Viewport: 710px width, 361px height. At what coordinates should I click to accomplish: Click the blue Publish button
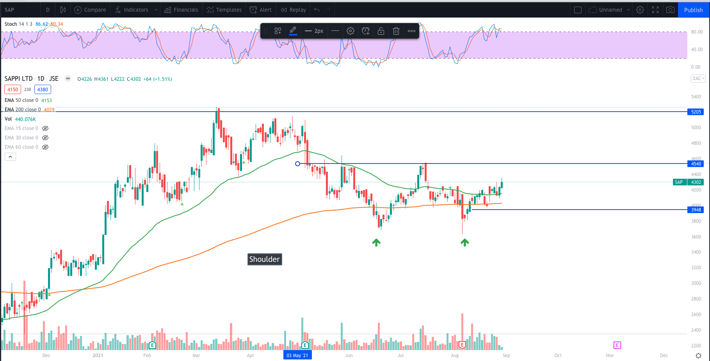[x=693, y=10]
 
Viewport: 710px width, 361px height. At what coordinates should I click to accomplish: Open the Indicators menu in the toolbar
[x=132, y=10]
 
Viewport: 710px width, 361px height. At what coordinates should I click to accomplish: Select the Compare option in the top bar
[x=90, y=10]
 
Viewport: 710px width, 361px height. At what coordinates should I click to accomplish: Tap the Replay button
[x=294, y=10]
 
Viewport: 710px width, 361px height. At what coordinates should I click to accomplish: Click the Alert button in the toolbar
[x=261, y=10]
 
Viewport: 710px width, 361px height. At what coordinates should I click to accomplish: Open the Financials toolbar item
[x=182, y=10]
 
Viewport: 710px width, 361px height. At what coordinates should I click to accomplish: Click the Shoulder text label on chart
[x=265, y=259]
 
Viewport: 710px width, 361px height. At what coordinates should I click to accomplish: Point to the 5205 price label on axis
[x=696, y=112]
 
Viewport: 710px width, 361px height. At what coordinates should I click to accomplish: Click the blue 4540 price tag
[x=696, y=164]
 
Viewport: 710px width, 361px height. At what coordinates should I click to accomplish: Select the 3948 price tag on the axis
[x=696, y=210]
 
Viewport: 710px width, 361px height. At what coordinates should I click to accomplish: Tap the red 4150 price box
[x=13, y=90]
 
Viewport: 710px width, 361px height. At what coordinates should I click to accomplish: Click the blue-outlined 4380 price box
[x=43, y=90]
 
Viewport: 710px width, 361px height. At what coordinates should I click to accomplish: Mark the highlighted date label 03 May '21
[x=297, y=356]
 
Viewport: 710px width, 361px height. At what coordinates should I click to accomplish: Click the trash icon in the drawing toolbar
[x=396, y=31]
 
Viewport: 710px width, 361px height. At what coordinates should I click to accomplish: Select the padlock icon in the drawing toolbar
[x=381, y=31]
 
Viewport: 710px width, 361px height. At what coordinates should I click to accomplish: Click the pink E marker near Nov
[x=617, y=345]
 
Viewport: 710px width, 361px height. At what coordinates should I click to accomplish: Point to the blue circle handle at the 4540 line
[x=297, y=164]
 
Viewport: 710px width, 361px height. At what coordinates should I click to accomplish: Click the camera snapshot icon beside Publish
[x=670, y=10]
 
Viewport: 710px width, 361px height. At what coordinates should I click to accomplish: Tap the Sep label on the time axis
[x=506, y=356]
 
